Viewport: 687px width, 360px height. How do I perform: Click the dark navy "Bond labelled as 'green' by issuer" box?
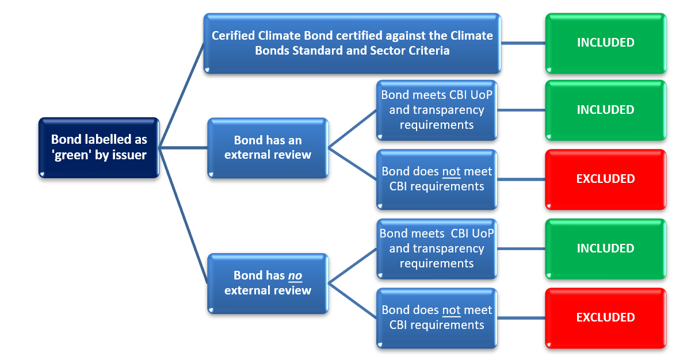(99, 148)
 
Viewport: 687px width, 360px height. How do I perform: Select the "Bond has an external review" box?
(268, 148)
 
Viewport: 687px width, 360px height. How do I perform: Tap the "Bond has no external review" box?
(268, 284)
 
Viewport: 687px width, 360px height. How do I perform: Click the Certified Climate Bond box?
(352, 43)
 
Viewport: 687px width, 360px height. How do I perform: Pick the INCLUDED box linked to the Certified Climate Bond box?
(605, 43)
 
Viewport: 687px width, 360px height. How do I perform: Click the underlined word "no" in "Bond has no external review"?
(295, 275)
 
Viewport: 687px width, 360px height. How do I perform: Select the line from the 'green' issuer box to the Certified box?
(181, 95)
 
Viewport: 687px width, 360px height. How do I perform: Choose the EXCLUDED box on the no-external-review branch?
(605, 318)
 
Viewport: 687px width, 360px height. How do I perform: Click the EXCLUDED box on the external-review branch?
(605, 179)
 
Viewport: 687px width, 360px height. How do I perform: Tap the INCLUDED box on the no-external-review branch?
(605, 249)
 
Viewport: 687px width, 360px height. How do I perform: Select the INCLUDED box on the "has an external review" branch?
(605, 110)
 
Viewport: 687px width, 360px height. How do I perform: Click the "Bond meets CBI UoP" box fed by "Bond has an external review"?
(437, 110)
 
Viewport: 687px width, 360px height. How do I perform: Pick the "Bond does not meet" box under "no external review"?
(437, 318)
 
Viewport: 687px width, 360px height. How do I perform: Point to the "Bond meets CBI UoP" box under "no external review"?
(437, 249)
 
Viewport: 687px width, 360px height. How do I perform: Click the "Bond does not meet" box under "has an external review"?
(437, 179)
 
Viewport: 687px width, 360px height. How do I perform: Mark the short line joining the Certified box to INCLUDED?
(523, 43)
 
